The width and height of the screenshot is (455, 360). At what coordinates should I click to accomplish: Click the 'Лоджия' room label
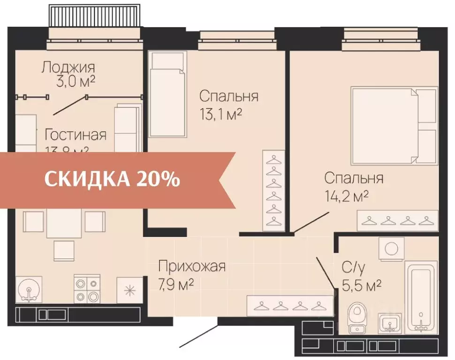click(x=68, y=67)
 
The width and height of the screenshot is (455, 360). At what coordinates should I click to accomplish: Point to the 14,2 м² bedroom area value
click(x=346, y=196)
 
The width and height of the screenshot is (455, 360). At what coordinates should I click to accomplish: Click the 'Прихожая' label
click(x=192, y=266)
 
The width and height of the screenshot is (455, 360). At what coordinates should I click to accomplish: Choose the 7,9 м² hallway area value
click(x=176, y=284)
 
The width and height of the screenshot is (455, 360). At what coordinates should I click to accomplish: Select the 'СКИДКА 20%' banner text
click(x=112, y=179)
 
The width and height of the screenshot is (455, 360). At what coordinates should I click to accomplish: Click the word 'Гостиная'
click(x=75, y=135)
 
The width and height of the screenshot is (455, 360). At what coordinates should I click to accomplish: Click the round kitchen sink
click(x=29, y=289)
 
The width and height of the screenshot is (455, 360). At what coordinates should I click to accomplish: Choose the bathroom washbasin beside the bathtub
click(x=389, y=322)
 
